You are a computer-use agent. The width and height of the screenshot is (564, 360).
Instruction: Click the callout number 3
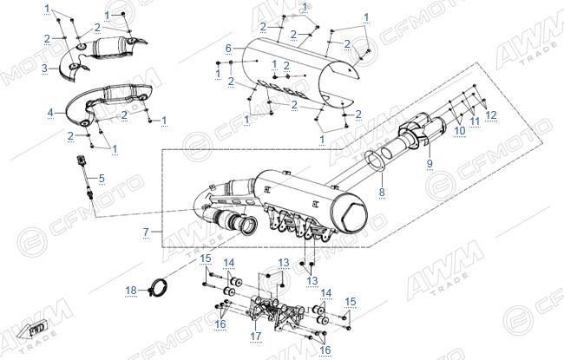(x=44, y=68)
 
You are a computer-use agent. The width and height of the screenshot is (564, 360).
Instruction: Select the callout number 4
(x=50, y=113)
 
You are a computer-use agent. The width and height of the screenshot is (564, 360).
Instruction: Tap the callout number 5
(x=102, y=178)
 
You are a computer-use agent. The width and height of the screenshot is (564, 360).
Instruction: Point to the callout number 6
(x=228, y=48)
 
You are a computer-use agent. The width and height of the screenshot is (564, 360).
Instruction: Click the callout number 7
(x=146, y=232)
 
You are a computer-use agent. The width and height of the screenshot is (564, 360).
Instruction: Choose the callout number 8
(x=382, y=192)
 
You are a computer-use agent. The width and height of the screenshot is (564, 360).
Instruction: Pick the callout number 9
(x=430, y=163)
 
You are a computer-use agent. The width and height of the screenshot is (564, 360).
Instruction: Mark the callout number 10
(x=460, y=130)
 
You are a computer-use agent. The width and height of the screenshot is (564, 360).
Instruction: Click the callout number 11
(x=475, y=121)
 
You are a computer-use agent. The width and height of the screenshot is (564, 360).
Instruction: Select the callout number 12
(x=491, y=115)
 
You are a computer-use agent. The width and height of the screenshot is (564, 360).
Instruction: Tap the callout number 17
(x=256, y=337)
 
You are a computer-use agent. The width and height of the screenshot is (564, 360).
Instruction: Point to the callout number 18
(x=131, y=291)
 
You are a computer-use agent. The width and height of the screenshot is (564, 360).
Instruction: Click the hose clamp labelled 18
(x=158, y=287)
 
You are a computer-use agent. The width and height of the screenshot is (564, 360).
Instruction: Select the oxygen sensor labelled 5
(x=85, y=177)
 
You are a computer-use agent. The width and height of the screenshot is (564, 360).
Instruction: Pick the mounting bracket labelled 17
(x=276, y=312)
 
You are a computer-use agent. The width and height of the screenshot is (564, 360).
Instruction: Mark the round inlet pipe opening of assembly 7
(x=249, y=226)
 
